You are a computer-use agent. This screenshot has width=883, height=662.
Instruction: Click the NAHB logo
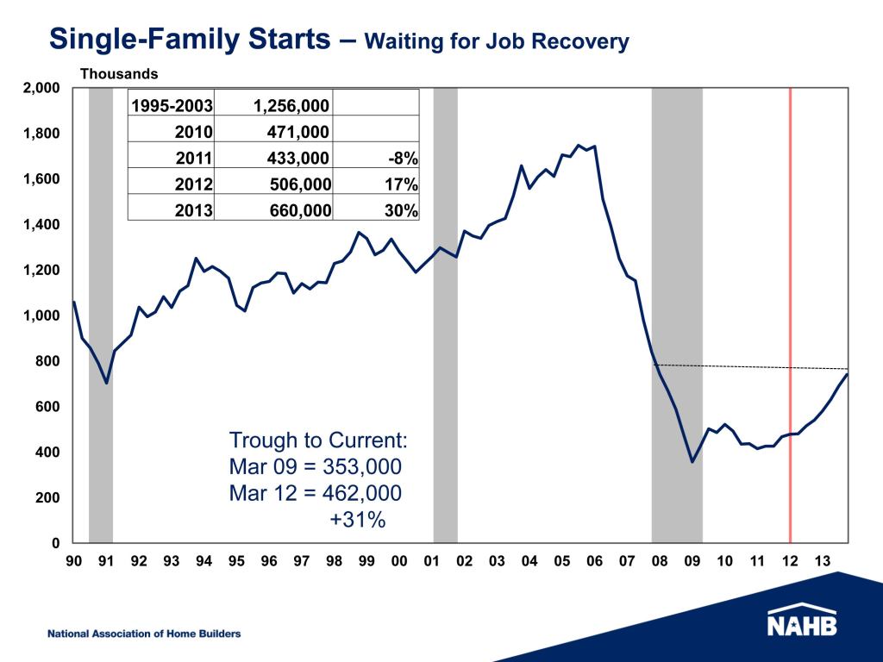[801, 622]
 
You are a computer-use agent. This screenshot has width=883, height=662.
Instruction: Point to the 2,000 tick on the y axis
[42, 88]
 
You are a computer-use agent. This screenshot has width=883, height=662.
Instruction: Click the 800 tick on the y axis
[48, 361]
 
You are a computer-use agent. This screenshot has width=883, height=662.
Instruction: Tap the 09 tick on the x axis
[692, 561]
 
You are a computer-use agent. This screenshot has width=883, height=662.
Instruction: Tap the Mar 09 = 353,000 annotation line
[315, 467]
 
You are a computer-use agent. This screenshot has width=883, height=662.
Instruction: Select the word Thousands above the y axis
[119, 74]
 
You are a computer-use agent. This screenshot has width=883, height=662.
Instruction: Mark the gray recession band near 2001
[445, 345]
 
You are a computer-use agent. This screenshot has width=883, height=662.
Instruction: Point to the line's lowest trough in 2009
[692, 462]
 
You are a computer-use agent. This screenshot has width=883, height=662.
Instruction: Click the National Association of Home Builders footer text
[144, 634]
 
